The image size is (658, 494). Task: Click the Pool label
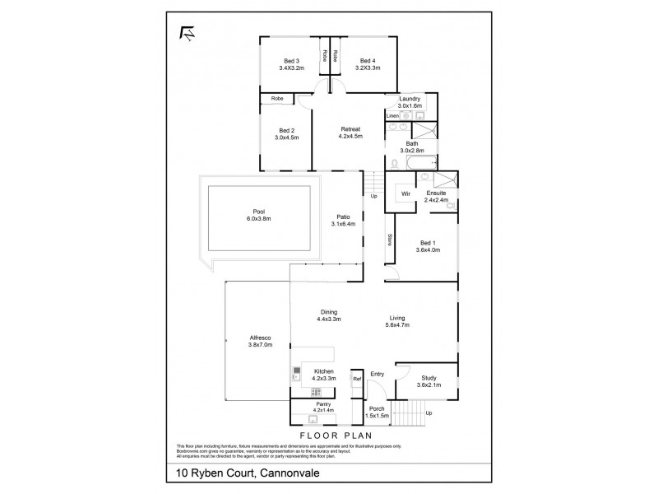click(257, 211)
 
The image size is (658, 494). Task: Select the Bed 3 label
click(291, 60)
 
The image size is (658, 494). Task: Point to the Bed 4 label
click(367, 60)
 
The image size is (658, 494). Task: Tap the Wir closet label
click(405, 193)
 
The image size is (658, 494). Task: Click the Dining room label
click(328, 311)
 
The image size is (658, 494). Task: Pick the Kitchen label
click(324, 371)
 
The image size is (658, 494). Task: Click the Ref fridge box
click(357, 380)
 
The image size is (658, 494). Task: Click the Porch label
click(377, 409)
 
